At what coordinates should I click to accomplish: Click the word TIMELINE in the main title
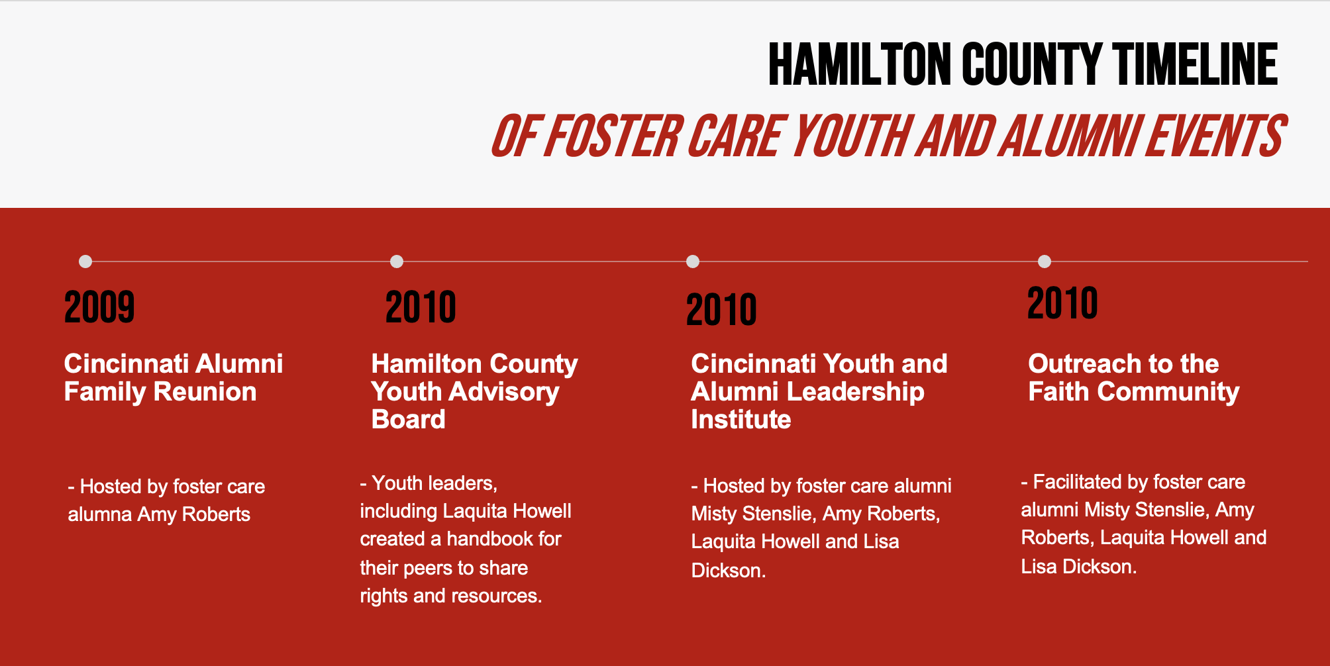(x=1195, y=65)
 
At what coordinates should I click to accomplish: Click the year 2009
(x=99, y=307)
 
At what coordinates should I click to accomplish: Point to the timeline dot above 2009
(x=85, y=262)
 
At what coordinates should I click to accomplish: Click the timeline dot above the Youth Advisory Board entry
(x=397, y=262)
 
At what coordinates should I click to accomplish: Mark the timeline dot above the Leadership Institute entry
(x=693, y=262)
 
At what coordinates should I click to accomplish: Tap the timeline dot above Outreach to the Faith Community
(x=1045, y=262)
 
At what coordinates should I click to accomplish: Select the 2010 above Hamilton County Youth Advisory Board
(x=421, y=307)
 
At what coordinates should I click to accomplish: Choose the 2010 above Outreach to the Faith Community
(x=1062, y=303)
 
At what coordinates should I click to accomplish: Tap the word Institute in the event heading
(x=741, y=420)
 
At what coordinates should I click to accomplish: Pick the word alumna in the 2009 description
(x=100, y=514)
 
